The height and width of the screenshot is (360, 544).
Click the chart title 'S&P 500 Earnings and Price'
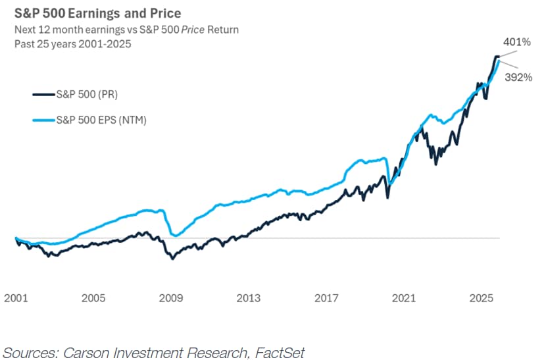click(x=97, y=13)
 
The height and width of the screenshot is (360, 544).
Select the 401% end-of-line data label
click(x=517, y=42)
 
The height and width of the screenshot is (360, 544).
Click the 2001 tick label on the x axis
click(x=16, y=298)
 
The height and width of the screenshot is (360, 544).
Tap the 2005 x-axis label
click(x=93, y=298)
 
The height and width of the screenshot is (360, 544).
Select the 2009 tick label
click(x=171, y=298)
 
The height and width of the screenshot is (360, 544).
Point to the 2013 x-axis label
click(x=249, y=298)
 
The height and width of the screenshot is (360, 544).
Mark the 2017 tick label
click(x=326, y=298)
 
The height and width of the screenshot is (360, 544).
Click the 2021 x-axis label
click(x=404, y=298)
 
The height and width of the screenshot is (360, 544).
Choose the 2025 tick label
click(x=482, y=298)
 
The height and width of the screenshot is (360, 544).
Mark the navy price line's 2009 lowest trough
click(x=172, y=259)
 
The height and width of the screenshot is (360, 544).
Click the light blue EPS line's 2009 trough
click(x=175, y=235)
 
